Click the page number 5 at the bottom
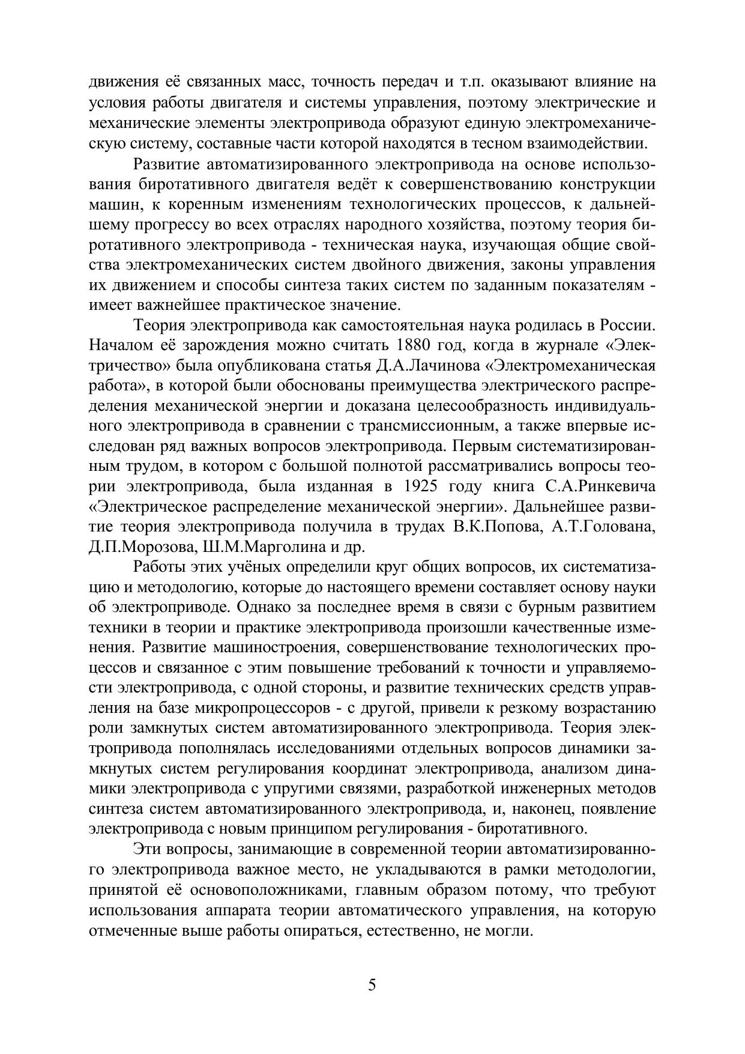372,986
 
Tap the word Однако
262,607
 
